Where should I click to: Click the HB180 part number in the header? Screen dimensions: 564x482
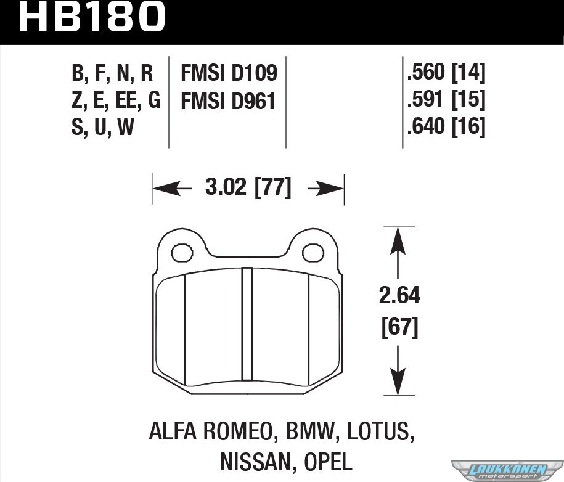[92, 16]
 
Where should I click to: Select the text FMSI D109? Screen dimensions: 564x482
[229, 73]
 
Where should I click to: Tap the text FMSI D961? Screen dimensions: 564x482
[228, 101]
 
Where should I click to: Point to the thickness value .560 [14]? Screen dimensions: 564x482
[446, 72]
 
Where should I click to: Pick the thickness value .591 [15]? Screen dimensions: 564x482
[446, 99]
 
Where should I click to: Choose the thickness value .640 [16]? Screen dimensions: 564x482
[446, 126]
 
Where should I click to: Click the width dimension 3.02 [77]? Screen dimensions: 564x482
[248, 187]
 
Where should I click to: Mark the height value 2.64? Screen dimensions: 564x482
[399, 296]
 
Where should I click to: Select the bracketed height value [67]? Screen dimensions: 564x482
[399, 327]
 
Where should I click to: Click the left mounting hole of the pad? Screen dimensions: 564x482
[182, 253]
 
